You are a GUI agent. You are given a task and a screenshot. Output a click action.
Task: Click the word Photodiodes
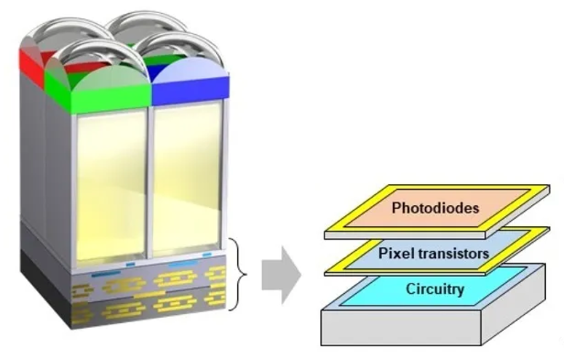pyautogui.click(x=436, y=209)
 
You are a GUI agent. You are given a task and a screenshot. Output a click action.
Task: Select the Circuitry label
pyautogui.click(x=435, y=289)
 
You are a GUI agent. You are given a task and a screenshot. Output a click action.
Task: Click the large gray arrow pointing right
pyautogui.click(x=282, y=275)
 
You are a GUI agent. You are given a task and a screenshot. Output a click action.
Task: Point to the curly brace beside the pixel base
pyautogui.click(x=242, y=273)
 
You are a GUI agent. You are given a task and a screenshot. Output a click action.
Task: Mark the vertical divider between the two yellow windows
pyautogui.click(x=150, y=182)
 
